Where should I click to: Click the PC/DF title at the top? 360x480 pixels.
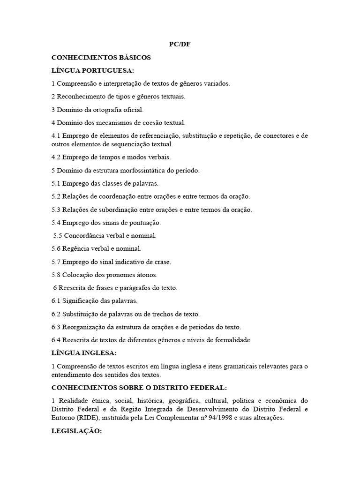coord(180,45)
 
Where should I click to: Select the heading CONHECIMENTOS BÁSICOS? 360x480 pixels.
coord(101,58)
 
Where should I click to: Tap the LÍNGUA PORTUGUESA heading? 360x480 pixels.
coord(93,70)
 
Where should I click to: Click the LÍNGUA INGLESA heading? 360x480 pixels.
coord(84,352)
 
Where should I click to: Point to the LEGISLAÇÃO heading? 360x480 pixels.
coord(76,431)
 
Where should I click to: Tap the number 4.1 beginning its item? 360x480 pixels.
coord(56,136)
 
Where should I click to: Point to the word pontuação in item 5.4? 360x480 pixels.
coord(144,223)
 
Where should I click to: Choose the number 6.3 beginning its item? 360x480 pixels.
coord(56,327)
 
